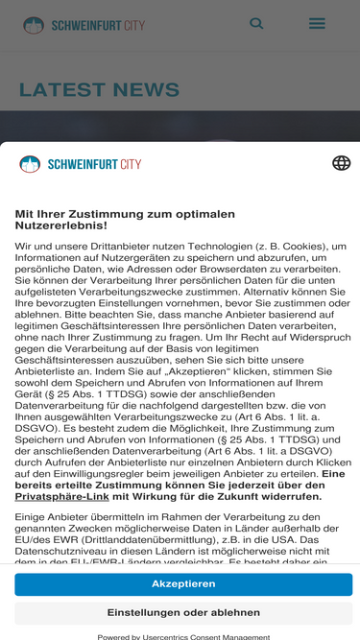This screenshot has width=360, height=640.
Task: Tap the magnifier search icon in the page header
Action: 256,23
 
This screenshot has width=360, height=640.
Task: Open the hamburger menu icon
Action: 317,23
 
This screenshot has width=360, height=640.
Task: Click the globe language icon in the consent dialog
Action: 341,163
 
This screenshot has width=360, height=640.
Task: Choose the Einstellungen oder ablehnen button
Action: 183,613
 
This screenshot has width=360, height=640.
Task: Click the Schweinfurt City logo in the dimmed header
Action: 84,24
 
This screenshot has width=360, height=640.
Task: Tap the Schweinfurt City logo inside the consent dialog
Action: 81,164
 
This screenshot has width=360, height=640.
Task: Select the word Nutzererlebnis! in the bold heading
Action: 60,225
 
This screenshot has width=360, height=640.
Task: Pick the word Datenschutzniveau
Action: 57,551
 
